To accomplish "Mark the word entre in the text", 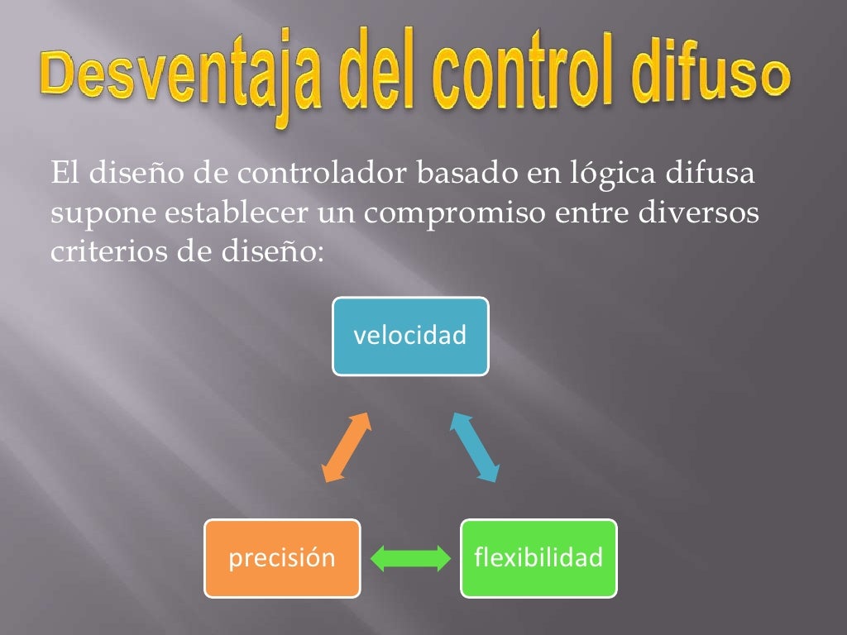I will pos(593,213).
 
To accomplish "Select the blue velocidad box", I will pos(410,336).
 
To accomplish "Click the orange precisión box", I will pos(282,558).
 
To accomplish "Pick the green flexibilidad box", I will pos(538,558).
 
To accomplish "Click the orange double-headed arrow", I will pos(346,446).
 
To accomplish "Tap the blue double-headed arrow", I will pos(475,446).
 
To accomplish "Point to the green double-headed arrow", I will pos(409,559).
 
